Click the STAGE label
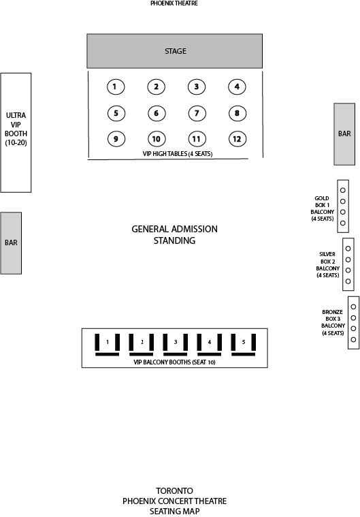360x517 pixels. pos(175,51)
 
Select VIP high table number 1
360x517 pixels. pos(116,87)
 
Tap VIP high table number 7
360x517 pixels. pos(197,114)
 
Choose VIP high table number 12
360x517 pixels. pos(237,139)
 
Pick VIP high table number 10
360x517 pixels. pos(157,139)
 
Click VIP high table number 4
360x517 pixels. pos(237,87)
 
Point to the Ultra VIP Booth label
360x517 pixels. pos(16,129)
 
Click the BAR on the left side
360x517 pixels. pos(11,243)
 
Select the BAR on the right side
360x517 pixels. pos(344,134)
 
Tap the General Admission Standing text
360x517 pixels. pos(175,235)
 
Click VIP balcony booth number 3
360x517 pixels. pos(176,345)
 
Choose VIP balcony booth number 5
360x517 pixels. pos(244,345)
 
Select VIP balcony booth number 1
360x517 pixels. pos(108,345)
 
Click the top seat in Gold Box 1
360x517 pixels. pos(343,190)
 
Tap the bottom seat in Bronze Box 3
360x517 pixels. pos(353,340)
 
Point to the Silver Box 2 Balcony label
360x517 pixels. pos(328,265)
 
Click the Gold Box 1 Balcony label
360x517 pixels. pos(323,208)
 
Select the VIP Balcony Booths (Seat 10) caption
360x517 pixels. pos(175,362)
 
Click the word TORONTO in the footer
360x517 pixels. pos(175,490)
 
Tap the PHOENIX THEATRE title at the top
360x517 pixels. pos(174,3)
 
